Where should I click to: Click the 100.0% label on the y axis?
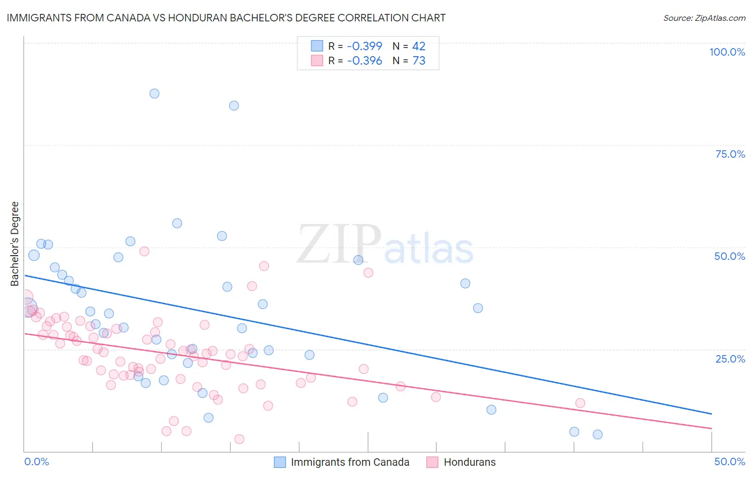(x=727, y=52)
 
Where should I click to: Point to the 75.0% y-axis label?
(x=730, y=154)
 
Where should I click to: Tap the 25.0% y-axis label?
(x=730, y=358)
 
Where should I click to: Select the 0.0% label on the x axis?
(x=36, y=461)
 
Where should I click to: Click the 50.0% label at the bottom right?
(x=730, y=461)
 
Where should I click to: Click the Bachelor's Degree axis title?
(x=14, y=244)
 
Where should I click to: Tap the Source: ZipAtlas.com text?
(x=704, y=18)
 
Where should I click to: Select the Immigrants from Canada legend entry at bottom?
(x=342, y=462)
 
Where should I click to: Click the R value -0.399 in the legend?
(x=364, y=47)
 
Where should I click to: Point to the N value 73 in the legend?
(x=419, y=61)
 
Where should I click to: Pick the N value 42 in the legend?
(x=419, y=47)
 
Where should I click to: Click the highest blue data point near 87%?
(x=155, y=94)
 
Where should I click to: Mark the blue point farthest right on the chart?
(x=597, y=434)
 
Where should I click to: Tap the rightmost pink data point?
(x=580, y=403)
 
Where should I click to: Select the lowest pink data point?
(x=239, y=439)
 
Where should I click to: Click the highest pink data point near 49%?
(x=144, y=251)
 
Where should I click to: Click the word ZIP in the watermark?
(x=339, y=244)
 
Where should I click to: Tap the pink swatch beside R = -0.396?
(x=317, y=61)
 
